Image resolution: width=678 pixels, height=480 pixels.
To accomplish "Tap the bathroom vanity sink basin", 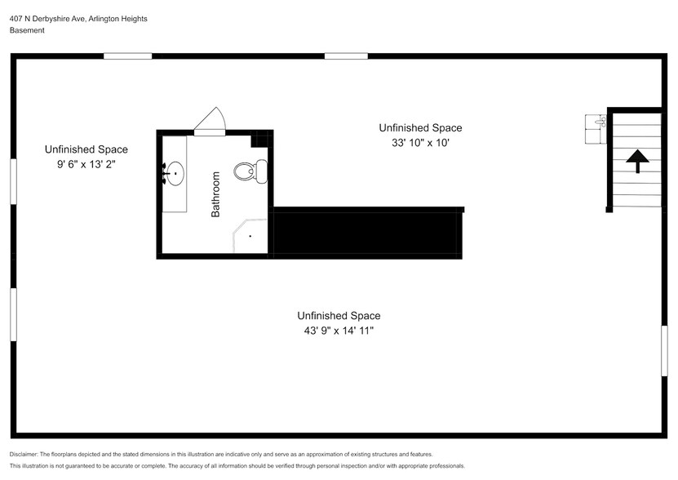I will pos(174,173).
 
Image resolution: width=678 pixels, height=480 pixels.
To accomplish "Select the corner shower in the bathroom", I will pos(249,237).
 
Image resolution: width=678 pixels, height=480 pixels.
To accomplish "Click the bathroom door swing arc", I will pos(210,120).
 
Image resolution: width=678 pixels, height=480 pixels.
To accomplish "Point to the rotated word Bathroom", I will pos(216,194).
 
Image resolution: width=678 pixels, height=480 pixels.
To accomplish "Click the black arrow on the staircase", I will pos(636,160).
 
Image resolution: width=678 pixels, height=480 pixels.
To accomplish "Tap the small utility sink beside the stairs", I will pos(596,122).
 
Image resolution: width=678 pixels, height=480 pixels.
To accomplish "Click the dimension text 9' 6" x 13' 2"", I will pos(86,163).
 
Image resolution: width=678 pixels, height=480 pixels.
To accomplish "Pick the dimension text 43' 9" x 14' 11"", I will pos(339,331).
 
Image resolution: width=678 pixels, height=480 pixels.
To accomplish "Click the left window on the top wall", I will pos(127,56).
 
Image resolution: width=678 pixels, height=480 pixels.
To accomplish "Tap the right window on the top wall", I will pos(346,56).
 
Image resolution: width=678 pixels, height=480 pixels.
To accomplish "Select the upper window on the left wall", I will pos(13,180).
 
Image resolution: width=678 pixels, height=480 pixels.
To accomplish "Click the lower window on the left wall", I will pos(13,314).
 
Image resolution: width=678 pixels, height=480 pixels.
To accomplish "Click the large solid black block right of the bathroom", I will pos(367,233).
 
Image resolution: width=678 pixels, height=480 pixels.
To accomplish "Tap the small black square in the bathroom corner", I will pos(259,139).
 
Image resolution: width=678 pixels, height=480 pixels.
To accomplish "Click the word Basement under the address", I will pos(28,30).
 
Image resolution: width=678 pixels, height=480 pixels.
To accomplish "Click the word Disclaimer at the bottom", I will pos(24,454).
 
